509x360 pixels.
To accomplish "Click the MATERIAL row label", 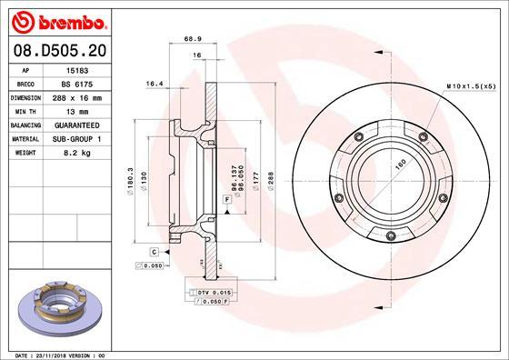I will coord(25,137).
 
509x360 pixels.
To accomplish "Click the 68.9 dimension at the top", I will coord(192,39).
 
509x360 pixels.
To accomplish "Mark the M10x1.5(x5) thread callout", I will coord(469,85).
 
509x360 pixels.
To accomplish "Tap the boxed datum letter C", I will coord(155,250).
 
